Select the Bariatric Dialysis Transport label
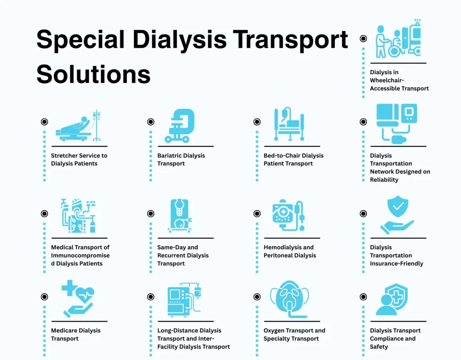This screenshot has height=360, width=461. pos(181,159)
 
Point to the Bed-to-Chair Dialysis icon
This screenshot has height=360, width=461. pos(289,125)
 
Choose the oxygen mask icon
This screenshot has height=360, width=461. pos(289,297)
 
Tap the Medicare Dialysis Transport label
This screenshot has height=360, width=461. pos(76,334)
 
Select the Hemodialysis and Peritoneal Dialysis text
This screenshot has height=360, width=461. pos(289,251)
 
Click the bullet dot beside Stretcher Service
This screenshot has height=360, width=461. pos(44,121)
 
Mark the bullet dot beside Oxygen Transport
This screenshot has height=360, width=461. pos(257,297)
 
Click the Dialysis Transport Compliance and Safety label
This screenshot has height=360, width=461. pos(395,338)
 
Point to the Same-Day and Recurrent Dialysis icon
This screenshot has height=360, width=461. pos(180,216)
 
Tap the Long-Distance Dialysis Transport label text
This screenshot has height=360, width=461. pos(194,338)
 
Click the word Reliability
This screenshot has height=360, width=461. pos(384,180)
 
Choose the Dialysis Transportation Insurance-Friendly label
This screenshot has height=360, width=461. pos(396,255)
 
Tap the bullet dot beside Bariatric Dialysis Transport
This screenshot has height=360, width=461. pos(150,121)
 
